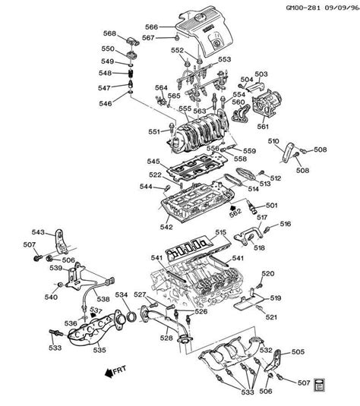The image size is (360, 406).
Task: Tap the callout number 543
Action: tap(37, 232)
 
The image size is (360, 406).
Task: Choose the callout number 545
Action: tap(153, 161)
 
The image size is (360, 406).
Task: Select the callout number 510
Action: tap(273, 141)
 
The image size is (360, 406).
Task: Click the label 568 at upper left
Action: tap(110, 34)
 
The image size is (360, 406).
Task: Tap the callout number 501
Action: tap(271, 204)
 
